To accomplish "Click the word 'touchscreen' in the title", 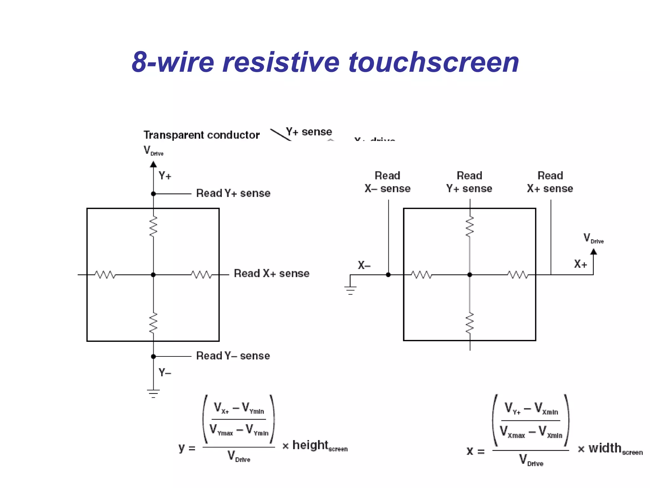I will click(x=434, y=62).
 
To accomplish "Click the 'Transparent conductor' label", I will click(x=202, y=135).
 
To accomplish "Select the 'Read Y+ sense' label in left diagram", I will click(x=233, y=193).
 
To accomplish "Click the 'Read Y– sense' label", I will click(x=233, y=356).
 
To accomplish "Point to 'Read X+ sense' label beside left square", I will click(x=272, y=274).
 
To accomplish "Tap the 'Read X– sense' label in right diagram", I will click(x=388, y=182).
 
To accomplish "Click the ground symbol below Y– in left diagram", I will click(x=153, y=393).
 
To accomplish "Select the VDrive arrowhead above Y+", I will click(x=153, y=164).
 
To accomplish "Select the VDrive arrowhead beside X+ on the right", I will click(x=594, y=252).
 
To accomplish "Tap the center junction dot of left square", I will click(x=153, y=275).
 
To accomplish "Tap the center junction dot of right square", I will click(x=470, y=275).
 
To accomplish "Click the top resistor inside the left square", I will click(x=153, y=227).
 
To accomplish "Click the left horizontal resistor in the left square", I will click(x=105, y=275).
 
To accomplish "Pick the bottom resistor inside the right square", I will click(x=470, y=323).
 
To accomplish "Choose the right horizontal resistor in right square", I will click(x=518, y=275).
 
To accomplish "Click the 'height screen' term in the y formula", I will click(x=320, y=446).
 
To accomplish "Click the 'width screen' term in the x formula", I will click(x=615, y=449).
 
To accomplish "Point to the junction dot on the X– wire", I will click(x=388, y=275).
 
